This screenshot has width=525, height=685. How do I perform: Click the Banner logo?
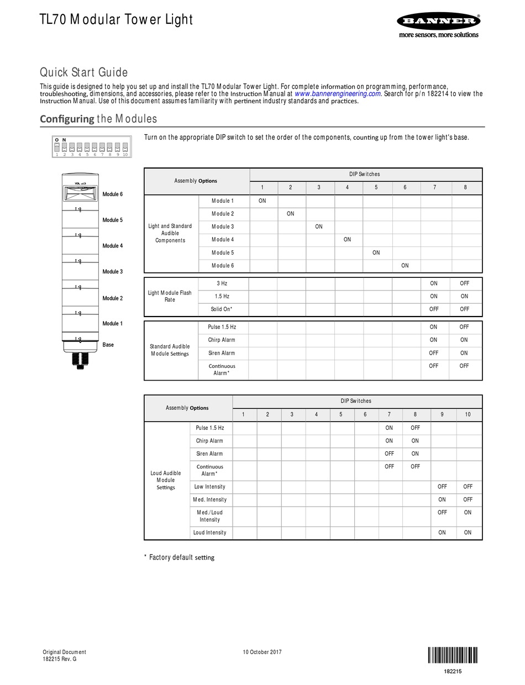coord(438,22)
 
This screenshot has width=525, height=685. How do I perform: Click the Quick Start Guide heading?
coord(83,72)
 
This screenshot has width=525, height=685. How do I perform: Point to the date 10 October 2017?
coord(262,652)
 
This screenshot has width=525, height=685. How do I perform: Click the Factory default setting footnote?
coord(179,557)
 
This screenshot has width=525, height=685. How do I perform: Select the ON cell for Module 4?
coord(347,239)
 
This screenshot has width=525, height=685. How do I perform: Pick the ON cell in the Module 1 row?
coord(262,201)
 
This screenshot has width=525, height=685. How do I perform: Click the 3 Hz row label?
coord(222,283)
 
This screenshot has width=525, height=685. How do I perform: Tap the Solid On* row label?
coord(222,309)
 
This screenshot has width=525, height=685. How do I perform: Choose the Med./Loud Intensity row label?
coord(209,516)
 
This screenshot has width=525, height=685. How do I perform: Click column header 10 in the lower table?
coord(468,415)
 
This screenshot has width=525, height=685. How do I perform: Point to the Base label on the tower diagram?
coord(108,345)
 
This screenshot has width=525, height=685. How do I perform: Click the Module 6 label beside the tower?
coord(113,194)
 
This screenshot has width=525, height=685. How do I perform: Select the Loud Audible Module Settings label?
coord(166,480)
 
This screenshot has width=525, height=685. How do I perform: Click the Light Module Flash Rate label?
coord(170,296)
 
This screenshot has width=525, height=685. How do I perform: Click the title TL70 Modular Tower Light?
coord(116,20)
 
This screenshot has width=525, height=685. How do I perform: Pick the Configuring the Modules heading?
coord(98,119)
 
